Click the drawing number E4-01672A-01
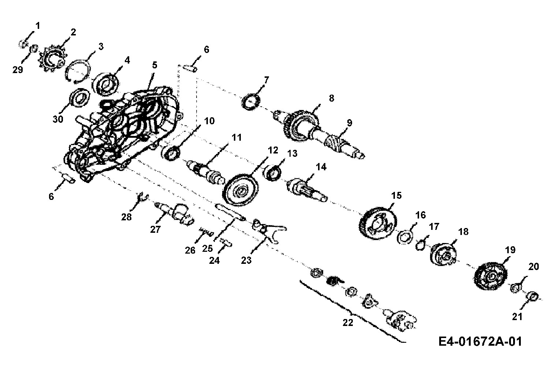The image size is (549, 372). (480, 341)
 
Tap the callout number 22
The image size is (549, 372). (348, 323)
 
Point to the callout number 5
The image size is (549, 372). (154, 65)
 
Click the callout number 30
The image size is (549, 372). (58, 119)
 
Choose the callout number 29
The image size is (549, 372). (18, 70)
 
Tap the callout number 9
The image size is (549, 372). (349, 123)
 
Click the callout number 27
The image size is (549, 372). (155, 229)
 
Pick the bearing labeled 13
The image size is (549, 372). (273, 173)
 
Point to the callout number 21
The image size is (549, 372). (517, 316)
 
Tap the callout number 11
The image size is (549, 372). (236, 137)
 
